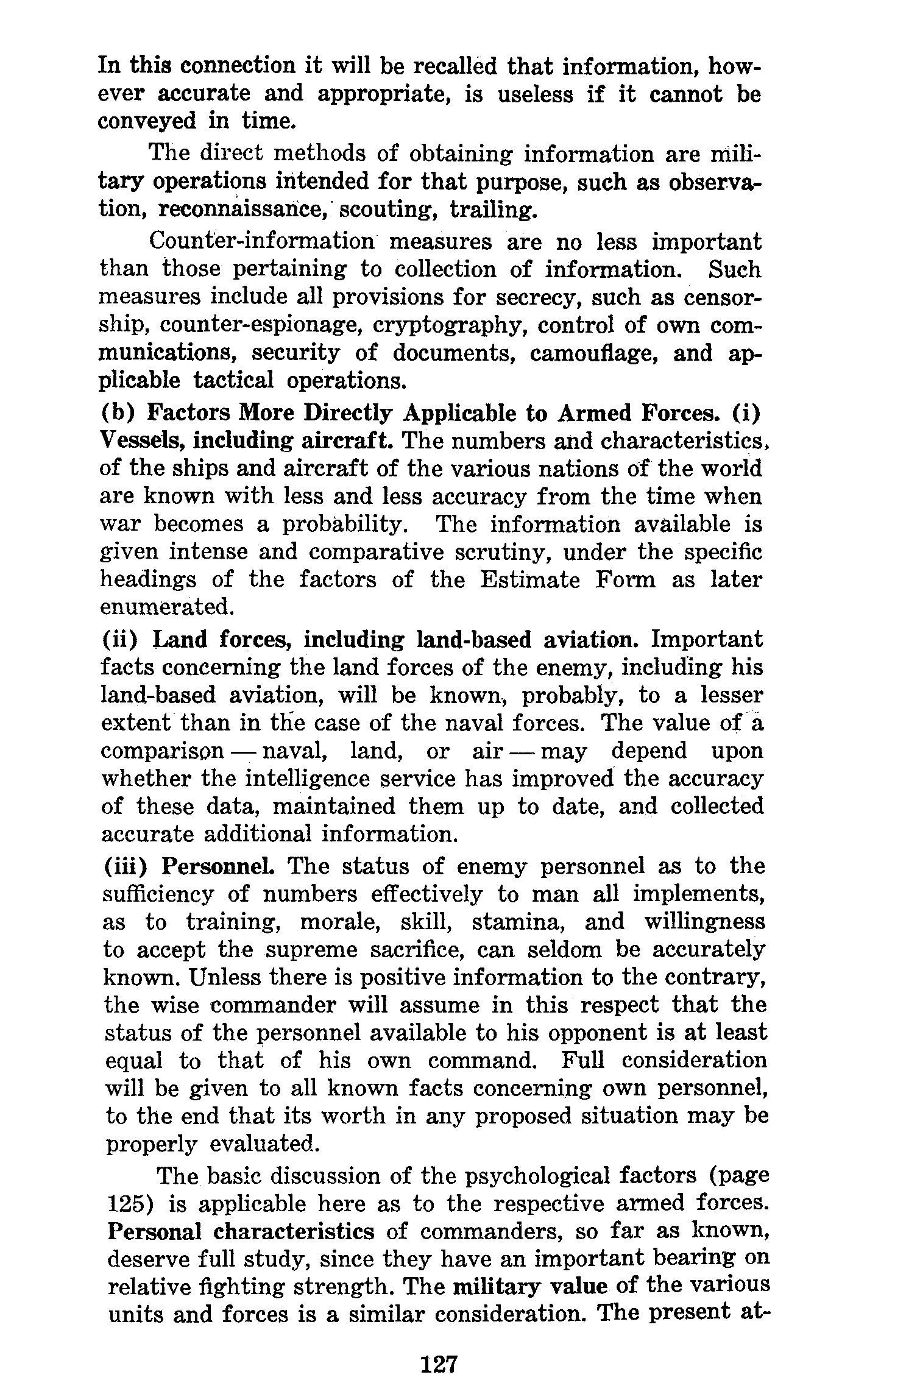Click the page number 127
(x=438, y=1363)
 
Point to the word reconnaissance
(x=244, y=210)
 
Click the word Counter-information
(x=261, y=242)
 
